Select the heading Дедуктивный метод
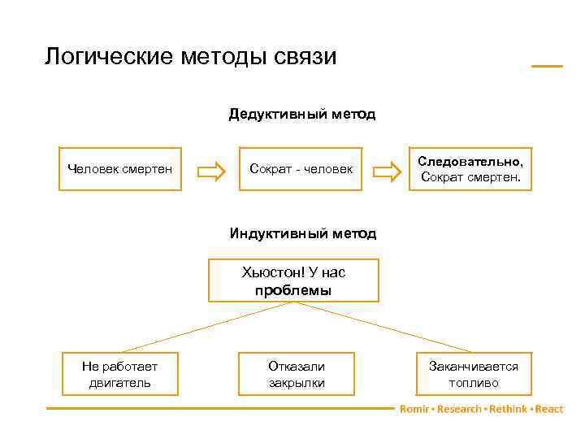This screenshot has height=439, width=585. click(x=302, y=114)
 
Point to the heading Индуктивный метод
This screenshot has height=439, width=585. click(x=302, y=234)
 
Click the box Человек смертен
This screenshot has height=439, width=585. click(x=120, y=169)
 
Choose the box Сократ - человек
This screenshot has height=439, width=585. click(x=301, y=169)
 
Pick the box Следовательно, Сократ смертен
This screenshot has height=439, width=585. click(x=470, y=169)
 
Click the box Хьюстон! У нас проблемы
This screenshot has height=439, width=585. click(x=292, y=281)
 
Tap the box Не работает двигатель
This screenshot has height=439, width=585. click(x=120, y=374)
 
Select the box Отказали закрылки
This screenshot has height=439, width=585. click(x=297, y=374)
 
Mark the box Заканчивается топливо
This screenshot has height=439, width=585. click(x=474, y=374)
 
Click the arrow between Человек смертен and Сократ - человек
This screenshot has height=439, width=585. click(x=212, y=171)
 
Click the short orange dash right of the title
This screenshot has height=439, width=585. click(x=547, y=65)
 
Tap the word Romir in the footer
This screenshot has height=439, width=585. click(x=414, y=409)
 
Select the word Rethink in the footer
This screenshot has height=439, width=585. click(x=507, y=409)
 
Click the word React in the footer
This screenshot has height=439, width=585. click(x=549, y=409)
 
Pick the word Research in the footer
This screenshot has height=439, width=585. click(x=459, y=409)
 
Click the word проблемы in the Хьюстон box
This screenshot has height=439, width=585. click(x=293, y=290)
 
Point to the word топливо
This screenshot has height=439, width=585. click(x=474, y=383)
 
